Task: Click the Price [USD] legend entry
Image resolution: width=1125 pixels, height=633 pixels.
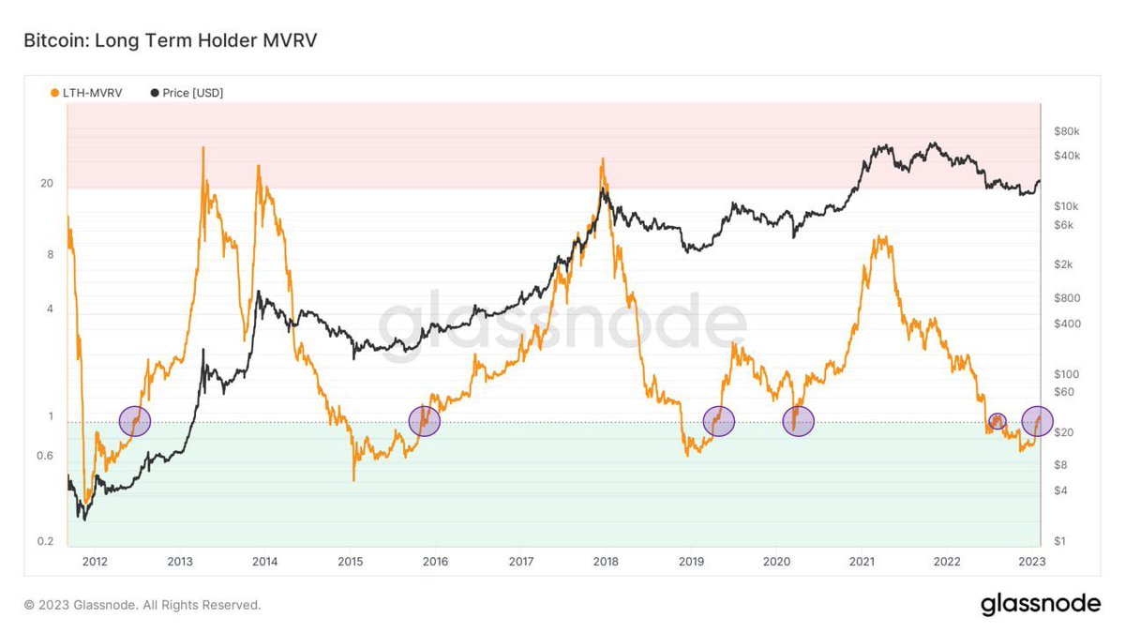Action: (x=187, y=93)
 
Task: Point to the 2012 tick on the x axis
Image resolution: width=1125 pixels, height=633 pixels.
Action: (x=95, y=562)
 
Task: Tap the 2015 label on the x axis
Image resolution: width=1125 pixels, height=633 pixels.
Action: (x=350, y=562)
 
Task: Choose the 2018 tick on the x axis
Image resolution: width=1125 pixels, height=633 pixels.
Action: (x=606, y=562)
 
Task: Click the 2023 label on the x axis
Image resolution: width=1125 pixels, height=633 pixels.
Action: (x=1032, y=562)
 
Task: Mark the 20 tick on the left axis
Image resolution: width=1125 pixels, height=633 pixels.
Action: (x=46, y=183)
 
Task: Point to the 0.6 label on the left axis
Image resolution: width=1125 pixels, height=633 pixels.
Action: (x=44, y=456)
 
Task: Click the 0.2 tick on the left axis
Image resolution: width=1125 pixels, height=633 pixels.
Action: (x=44, y=542)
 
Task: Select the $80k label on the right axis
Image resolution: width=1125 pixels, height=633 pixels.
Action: (x=1068, y=130)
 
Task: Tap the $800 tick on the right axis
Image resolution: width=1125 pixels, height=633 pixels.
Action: (x=1067, y=298)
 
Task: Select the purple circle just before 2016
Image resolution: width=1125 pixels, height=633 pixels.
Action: (x=425, y=421)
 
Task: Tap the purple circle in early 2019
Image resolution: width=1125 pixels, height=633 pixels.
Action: (x=718, y=421)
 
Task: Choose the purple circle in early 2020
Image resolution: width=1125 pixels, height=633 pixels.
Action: (x=799, y=421)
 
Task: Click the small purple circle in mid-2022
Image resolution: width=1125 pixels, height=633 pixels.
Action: (x=997, y=421)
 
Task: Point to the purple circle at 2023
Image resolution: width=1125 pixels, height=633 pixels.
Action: (x=1037, y=421)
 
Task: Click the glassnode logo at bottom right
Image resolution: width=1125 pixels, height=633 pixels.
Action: (x=1041, y=605)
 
